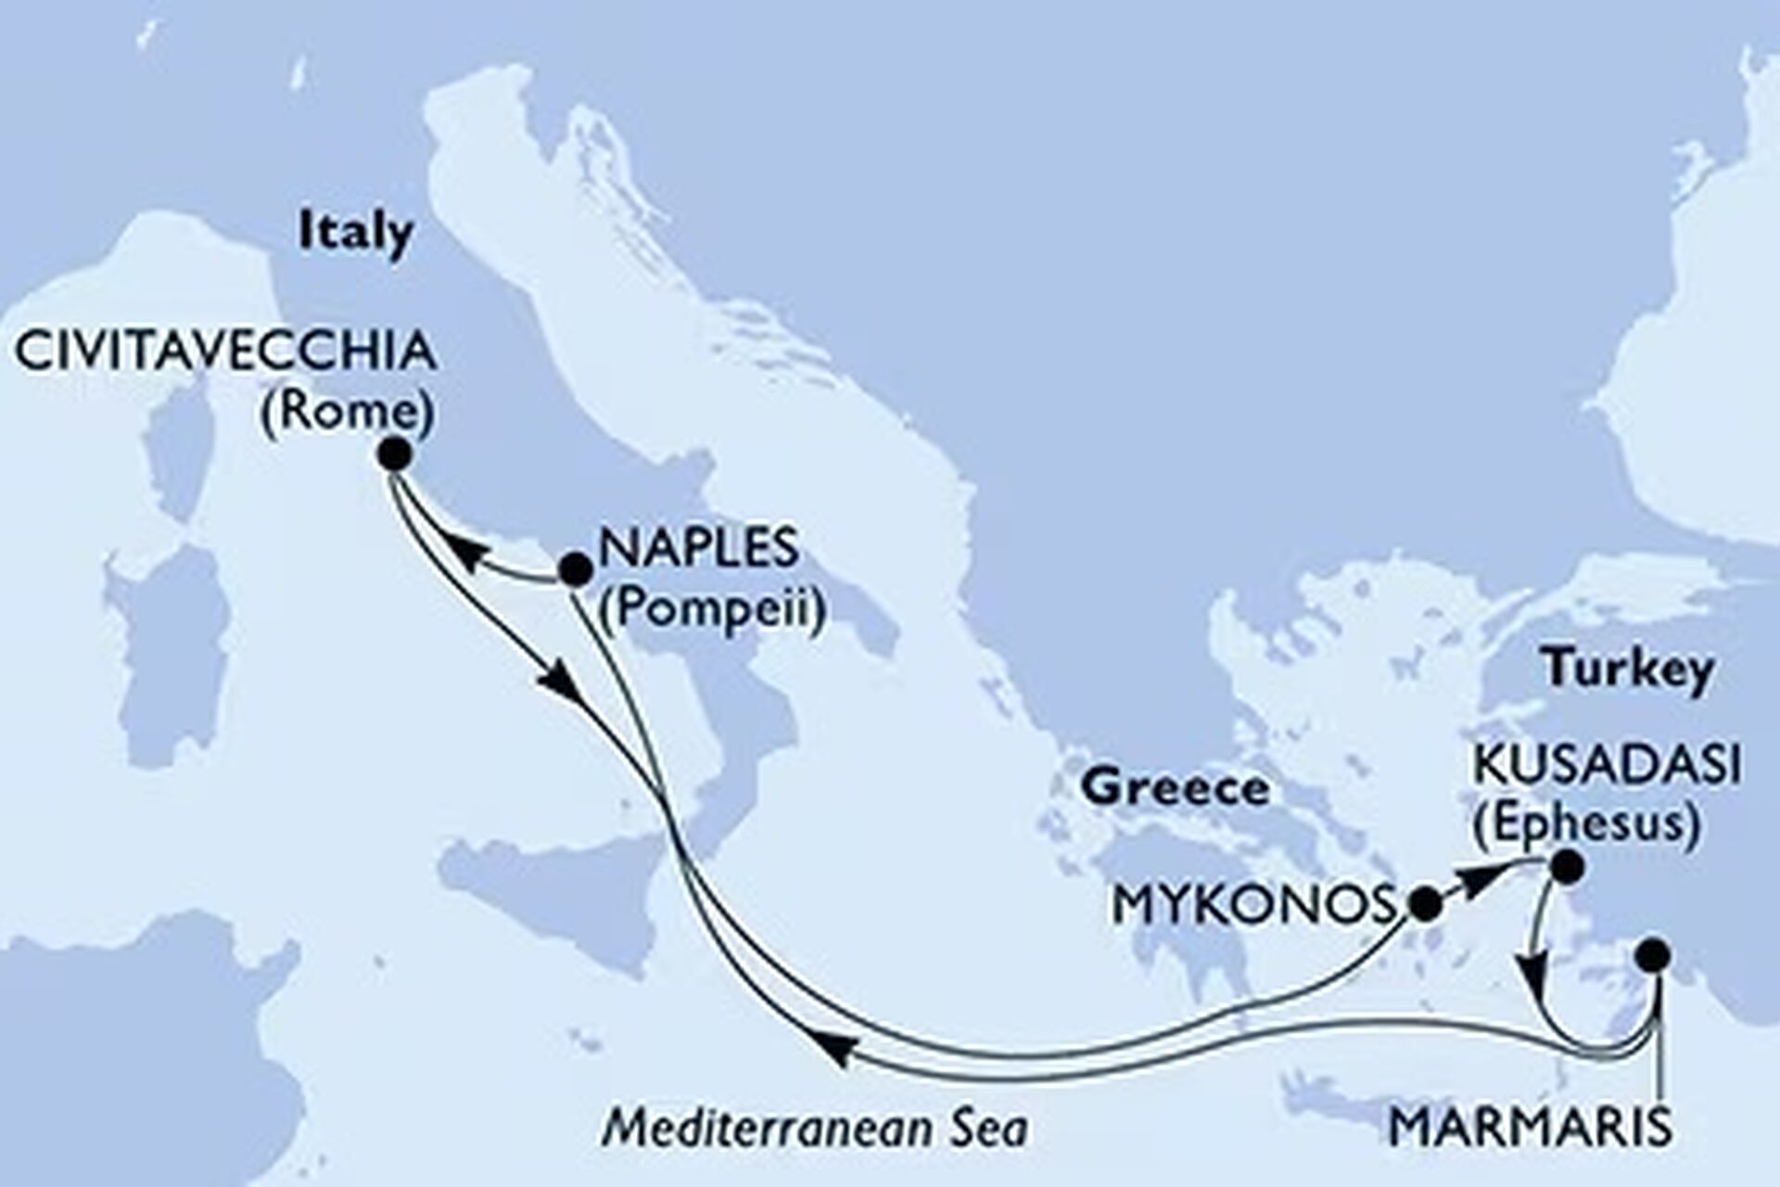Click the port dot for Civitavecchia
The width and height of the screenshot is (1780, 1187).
tap(396, 454)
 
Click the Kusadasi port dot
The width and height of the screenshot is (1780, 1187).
tap(1566, 867)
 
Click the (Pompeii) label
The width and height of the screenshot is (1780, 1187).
tap(712, 612)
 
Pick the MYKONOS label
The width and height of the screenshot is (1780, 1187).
tap(1254, 905)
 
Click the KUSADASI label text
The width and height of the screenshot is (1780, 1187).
tap(1606, 768)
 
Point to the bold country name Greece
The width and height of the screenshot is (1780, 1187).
tap(1176, 788)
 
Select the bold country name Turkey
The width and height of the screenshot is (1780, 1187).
tap(1627, 670)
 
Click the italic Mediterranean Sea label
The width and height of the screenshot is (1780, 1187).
tap(815, 1129)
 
